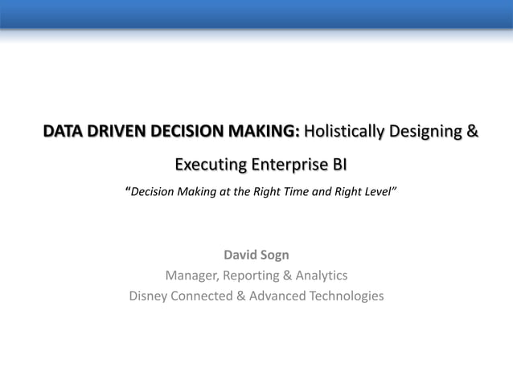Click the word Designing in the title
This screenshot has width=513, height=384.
pos(423,131)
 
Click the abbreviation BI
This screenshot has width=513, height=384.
pos(339,165)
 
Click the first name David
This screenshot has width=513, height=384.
pos(240,255)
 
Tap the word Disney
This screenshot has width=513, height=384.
pos(151,296)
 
